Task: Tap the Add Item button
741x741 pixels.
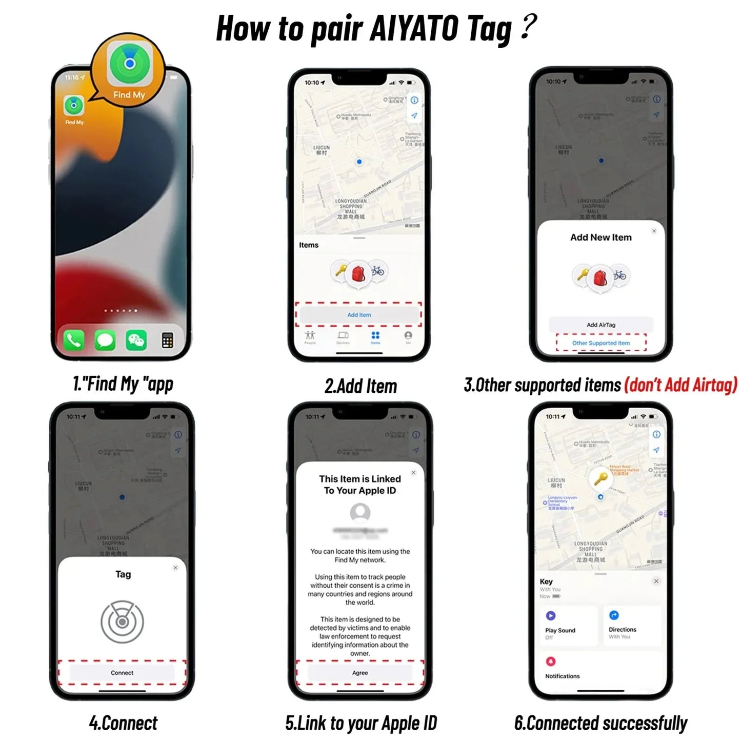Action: pos(359,315)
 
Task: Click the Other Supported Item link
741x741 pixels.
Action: pos(601,343)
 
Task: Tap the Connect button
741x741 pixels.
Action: pos(122,673)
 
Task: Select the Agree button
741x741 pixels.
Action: pos(360,673)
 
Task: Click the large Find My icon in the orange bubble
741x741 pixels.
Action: pos(130,64)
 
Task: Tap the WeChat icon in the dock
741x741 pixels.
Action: pos(136,341)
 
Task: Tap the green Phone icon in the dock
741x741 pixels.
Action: pos(74,341)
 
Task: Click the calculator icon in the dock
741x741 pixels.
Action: pos(167,341)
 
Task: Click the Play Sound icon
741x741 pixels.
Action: pos(551,615)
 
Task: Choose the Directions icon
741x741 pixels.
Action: pos(614,615)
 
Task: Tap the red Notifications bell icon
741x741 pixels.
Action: pos(551,661)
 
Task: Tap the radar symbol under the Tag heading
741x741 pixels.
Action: pos(122,622)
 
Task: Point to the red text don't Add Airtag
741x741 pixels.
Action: pos(680,385)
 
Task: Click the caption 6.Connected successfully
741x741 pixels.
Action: pos(600,723)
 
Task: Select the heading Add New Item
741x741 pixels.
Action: pos(601,237)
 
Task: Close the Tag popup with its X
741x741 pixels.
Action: pos(175,568)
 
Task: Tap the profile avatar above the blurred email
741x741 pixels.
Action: pos(360,512)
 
